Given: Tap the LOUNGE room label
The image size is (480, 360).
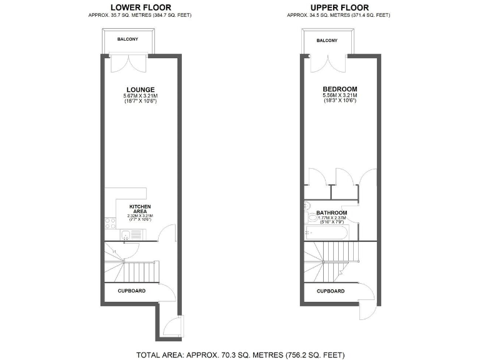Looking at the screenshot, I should [140, 89].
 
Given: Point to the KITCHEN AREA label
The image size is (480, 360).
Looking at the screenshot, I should [140, 209].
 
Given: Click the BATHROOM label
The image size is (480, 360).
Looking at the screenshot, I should [331, 212].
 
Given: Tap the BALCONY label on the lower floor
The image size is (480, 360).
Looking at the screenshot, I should [127, 39].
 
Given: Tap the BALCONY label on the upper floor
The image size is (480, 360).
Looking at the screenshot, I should [327, 40].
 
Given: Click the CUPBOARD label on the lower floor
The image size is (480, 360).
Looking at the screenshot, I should [132, 291].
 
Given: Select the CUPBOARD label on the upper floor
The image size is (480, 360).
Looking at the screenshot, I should [331, 291].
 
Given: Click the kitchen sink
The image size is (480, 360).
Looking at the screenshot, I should [127, 236].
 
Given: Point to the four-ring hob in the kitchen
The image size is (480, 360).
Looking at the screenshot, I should [110, 222].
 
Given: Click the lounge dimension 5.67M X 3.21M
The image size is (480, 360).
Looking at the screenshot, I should [140, 96].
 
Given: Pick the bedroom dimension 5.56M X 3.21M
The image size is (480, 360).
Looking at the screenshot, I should [339, 96].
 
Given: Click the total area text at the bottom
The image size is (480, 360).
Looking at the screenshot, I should [240, 354].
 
